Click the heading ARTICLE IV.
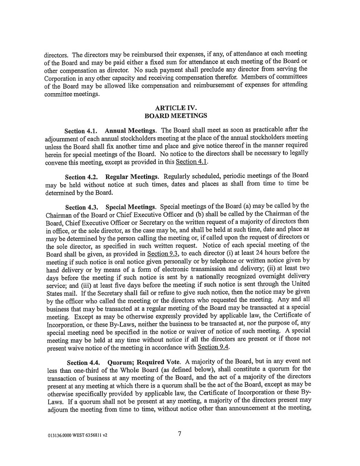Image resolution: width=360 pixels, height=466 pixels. (179, 108)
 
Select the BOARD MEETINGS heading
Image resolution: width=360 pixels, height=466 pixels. (179, 116)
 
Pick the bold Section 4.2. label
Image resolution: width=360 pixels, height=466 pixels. (82, 177)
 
